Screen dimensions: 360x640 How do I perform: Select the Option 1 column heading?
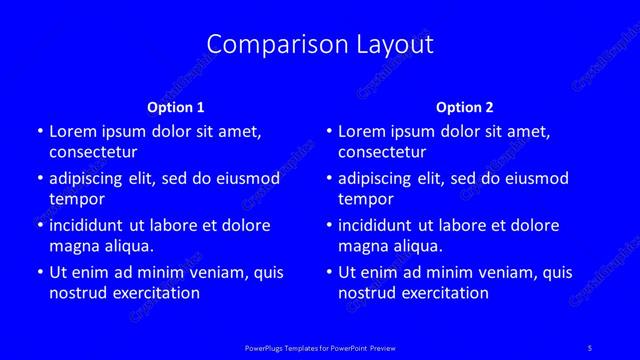pos(176,107)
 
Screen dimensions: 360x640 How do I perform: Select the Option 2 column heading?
pos(465,107)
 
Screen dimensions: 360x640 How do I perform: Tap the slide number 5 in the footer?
pos(588,347)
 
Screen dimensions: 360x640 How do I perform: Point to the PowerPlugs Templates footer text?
pos(320,347)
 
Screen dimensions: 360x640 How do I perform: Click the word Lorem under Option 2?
pos(361,131)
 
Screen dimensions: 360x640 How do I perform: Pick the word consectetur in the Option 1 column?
pos(93,152)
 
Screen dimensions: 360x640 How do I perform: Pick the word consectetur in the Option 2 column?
pos(382,152)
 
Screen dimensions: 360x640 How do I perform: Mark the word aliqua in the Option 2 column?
pos(418,246)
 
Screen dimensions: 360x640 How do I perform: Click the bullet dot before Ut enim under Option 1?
pos(39,272)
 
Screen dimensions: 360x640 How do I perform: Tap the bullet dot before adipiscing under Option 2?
pos(329,179)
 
